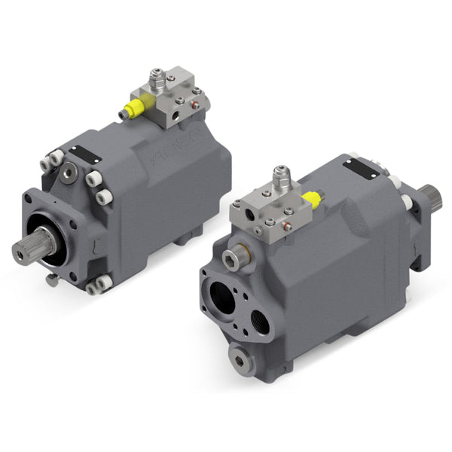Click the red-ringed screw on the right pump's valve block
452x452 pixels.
tap(287, 223)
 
